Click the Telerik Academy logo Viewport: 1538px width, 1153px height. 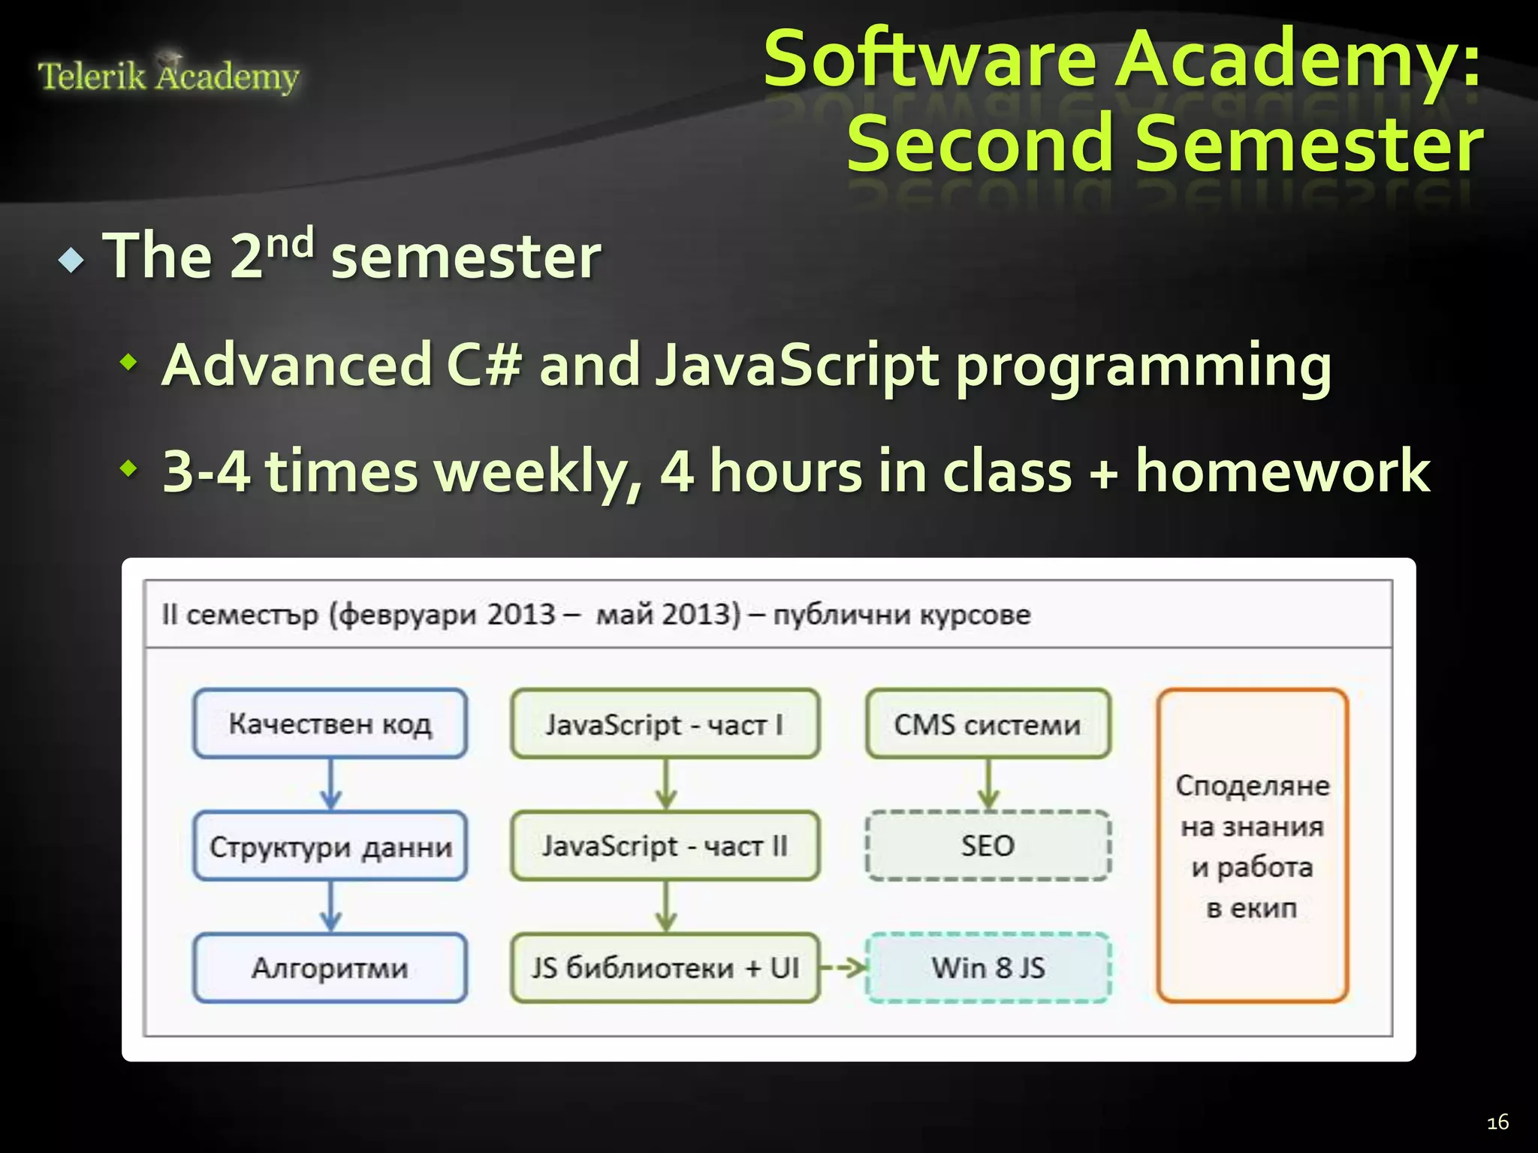click(168, 75)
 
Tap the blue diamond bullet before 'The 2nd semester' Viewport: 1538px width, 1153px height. click(71, 260)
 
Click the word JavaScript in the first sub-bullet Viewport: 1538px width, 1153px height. click(796, 366)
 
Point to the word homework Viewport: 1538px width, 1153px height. click(1282, 471)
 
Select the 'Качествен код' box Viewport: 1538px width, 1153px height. click(330, 724)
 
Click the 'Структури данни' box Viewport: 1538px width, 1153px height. click(330, 846)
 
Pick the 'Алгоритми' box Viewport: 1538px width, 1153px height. click(330, 968)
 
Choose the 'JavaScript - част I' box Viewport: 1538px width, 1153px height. click(665, 724)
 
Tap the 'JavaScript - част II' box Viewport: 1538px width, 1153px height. click(665, 846)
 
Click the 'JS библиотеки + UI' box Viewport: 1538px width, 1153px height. click(665, 968)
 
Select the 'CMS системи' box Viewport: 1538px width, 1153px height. click(988, 724)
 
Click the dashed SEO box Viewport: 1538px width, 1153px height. click(988, 846)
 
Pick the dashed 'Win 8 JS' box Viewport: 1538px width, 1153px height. click(988, 968)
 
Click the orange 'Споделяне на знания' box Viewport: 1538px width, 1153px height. click(1252, 846)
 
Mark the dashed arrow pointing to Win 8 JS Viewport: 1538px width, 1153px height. click(843, 968)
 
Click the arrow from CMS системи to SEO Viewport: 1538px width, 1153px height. click(988, 784)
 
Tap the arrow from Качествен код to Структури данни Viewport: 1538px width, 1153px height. click(330, 784)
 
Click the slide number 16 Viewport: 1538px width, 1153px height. click(1497, 1122)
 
